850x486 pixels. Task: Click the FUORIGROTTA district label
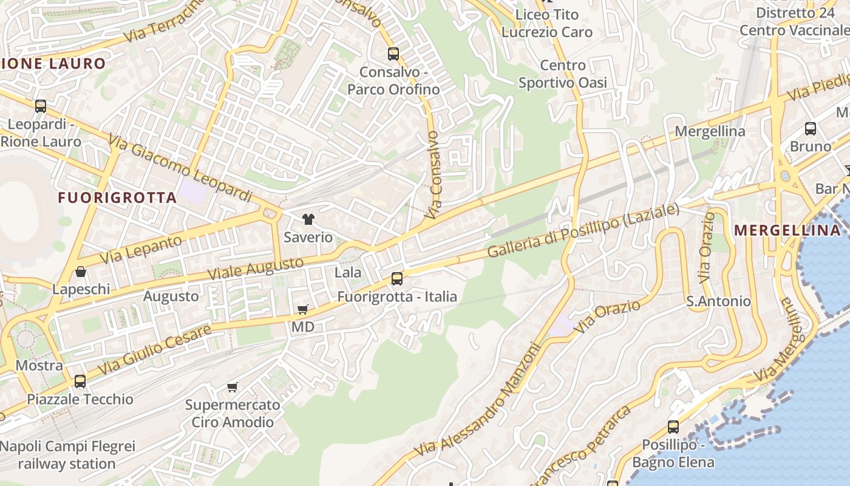(x=117, y=197)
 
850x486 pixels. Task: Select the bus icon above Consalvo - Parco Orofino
(x=393, y=54)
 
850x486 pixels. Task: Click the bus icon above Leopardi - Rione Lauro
(x=41, y=106)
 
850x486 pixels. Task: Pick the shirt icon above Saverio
(x=308, y=219)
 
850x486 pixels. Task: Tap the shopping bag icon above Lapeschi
(x=81, y=272)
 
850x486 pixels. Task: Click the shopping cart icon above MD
(x=303, y=310)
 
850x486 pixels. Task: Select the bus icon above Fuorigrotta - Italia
(x=397, y=279)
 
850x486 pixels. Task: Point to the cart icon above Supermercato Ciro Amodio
(x=233, y=387)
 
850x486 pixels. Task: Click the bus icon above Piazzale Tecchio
(x=80, y=382)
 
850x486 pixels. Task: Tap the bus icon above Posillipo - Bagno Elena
(x=673, y=427)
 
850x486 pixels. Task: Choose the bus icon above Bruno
(x=811, y=129)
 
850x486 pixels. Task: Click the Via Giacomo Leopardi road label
(x=180, y=169)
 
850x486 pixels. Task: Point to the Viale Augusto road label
(x=255, y=268)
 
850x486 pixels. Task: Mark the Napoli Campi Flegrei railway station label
(x=67, y=455)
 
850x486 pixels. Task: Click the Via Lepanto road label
(x=140, y=250)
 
